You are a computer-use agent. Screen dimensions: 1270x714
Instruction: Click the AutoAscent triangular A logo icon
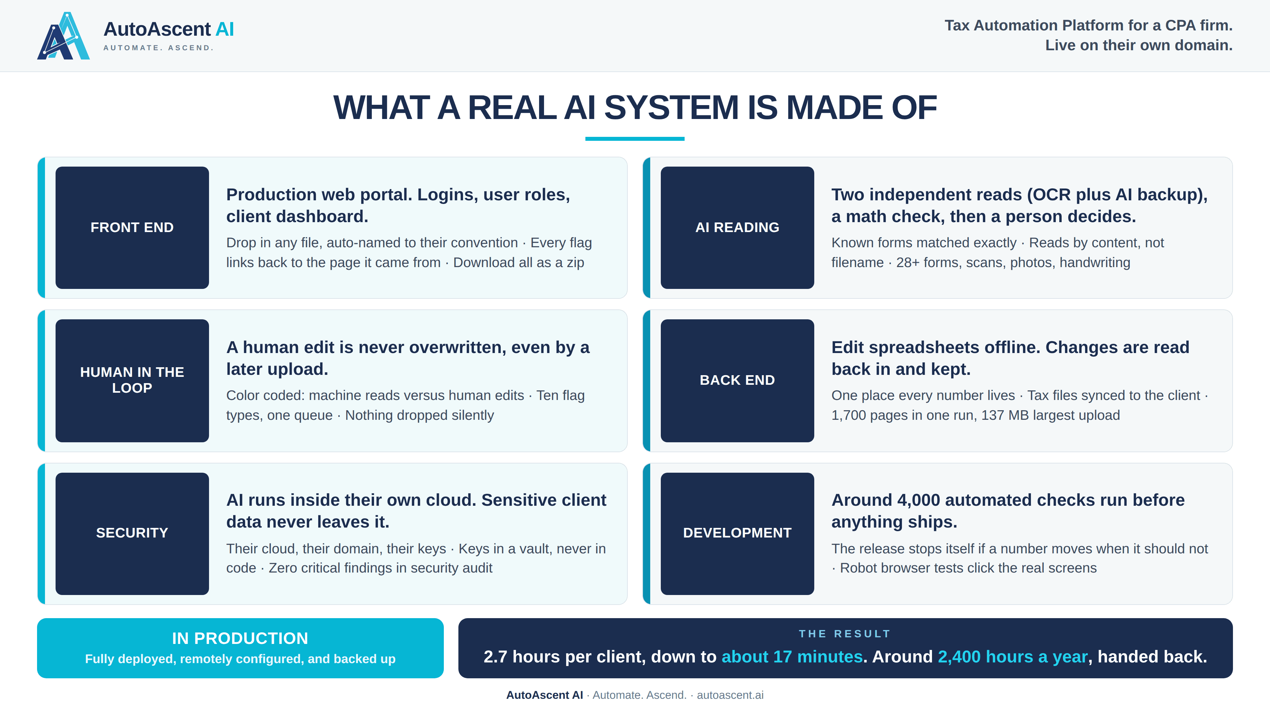click(x=63, y=36)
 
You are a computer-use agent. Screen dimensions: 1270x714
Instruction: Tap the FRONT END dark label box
click(x=132, y=228)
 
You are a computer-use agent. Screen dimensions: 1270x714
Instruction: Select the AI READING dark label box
click(x=737, y=228)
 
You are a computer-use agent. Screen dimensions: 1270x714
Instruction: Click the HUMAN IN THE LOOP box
click(x=132, y=380)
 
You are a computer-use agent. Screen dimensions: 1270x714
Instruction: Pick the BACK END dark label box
click(x=737, y=380)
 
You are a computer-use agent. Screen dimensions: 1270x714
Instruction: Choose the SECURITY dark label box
click(x=132, y=534)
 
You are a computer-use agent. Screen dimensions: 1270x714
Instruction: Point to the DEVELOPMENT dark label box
click(x=737, y=534)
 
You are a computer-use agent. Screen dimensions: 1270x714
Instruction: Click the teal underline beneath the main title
click(x=635, y=139)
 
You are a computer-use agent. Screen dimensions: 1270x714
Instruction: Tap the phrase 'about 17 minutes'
click(x=792, y=657)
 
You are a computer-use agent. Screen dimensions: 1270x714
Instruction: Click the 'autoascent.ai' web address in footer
click(x=730, y=695)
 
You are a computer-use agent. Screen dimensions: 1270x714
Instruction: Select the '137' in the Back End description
click(x=993, y=416)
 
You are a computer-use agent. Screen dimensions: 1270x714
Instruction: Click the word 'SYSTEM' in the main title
click(x=671, y=108)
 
